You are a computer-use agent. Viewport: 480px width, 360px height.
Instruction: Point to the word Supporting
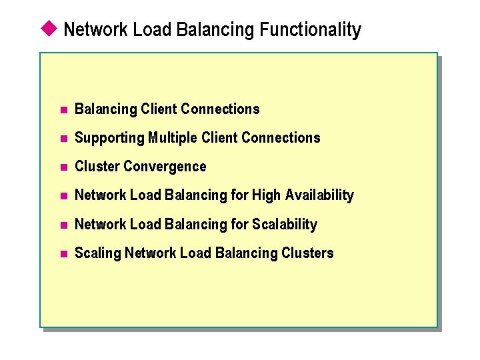(x=109, y=138)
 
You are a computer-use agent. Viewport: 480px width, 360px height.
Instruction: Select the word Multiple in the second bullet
(x=173, y=138)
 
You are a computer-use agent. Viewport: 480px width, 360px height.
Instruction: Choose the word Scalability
(x=285, y=224)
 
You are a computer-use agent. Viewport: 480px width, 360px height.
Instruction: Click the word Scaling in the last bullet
(x=98, y=253)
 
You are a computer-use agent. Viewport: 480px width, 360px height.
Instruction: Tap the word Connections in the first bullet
(x=220, y=109)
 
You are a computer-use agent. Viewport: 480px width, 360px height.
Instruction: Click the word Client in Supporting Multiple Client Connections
(x=220, y=138)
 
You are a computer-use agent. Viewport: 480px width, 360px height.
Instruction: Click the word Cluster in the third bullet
(x=97, y=167)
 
